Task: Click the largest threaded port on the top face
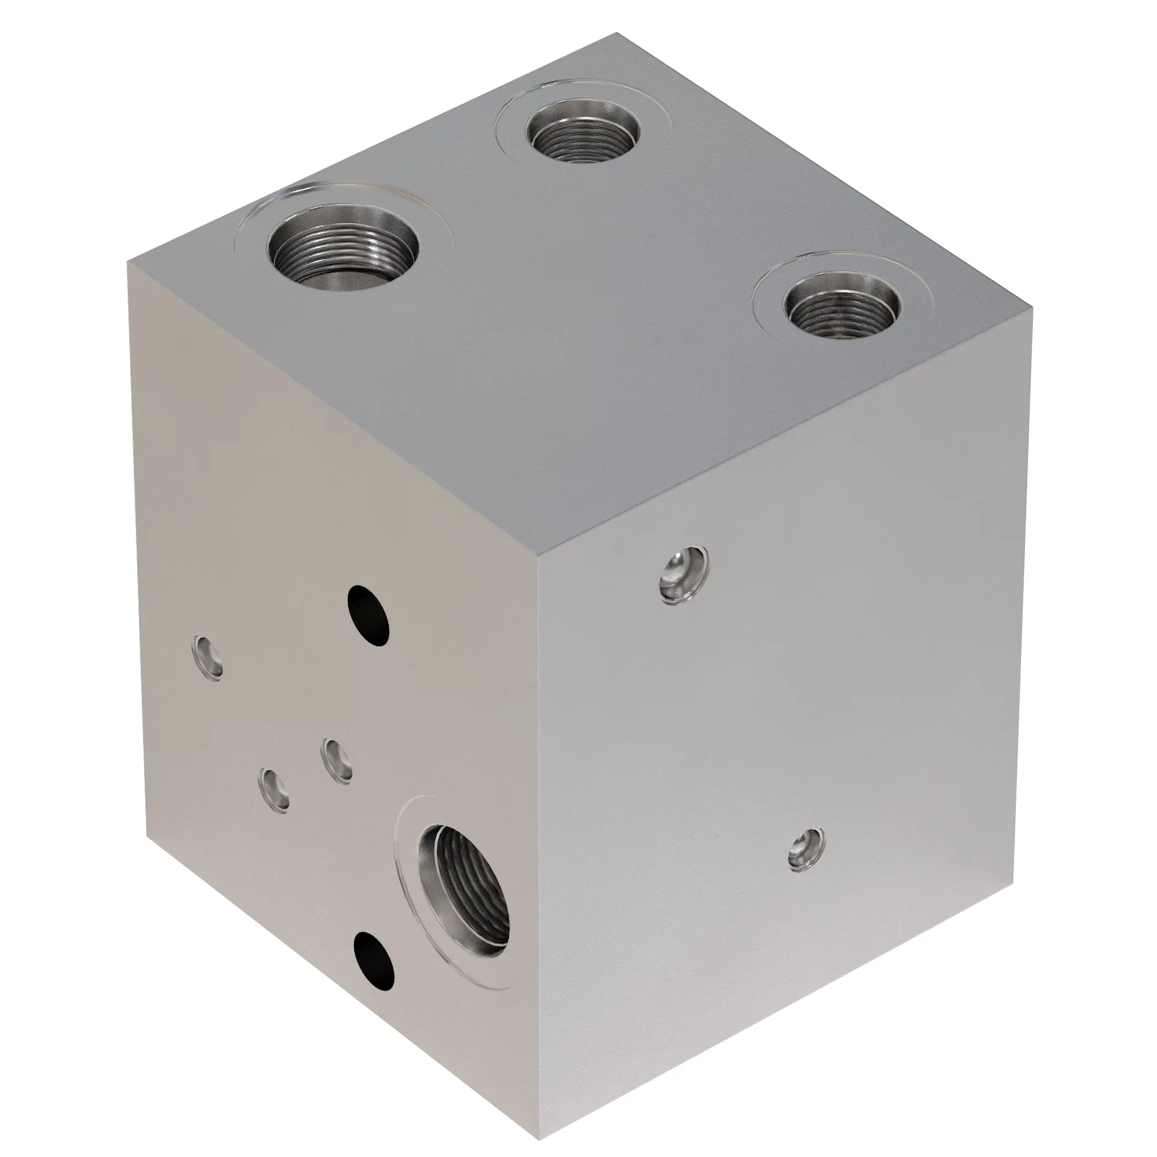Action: tap(342, 245)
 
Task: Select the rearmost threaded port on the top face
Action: tap(583, 131)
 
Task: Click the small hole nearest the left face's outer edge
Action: tap(208, 657)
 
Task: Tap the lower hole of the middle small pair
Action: tap(274, 790)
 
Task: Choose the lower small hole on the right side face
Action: tap(806, 850)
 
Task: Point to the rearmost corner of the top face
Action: tap(617, 34)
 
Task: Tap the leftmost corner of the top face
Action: tap(127, 261)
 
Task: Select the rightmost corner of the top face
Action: tap(1031, 308)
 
